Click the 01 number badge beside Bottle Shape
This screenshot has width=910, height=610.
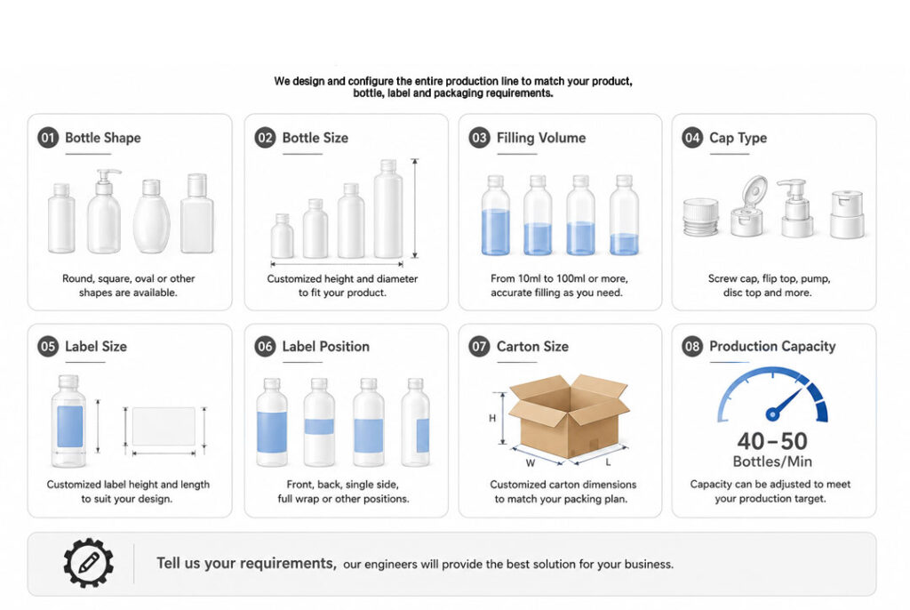click(x=48, y=138)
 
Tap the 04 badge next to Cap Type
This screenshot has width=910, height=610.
click(x=692, y=138)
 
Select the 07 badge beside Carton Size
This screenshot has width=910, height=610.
click(x=479, y=347)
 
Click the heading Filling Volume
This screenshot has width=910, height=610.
click(x=541, y=138)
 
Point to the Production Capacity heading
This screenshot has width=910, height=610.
click(x=772, y=346)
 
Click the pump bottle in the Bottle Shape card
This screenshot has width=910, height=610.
click(x=105, y=212)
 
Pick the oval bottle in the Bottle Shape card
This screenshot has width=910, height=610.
click(x=151, y=216)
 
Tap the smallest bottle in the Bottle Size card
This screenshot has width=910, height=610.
click(x=282, y=236)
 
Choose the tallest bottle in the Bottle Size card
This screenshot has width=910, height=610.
click(x=388, y=209)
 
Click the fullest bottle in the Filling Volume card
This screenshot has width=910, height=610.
click(x=495, y=215)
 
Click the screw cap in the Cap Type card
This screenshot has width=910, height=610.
click(x=700, y=217)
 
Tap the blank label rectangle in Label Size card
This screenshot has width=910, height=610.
click(x=164, y=427)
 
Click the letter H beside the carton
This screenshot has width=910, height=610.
click(x=492, y=418)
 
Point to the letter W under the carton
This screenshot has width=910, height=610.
click(x=531, y=463)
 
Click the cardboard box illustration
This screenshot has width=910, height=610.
click(x=569, y=416)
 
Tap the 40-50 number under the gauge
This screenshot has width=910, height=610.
click(x=772, y=442)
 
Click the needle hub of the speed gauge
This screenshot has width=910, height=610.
click(x=772, y=414)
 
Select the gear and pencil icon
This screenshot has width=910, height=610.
click(x=88, y=563)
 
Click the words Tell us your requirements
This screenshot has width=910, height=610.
click(x=246, y=564)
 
